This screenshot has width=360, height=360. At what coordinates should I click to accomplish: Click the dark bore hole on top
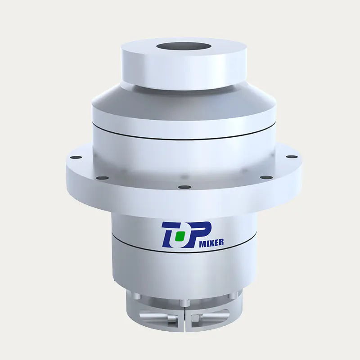click(x=184, y=47)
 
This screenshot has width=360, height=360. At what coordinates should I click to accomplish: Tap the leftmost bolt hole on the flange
click(x=76, y=157)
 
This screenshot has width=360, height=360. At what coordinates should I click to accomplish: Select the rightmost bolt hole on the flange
click(x=292, y=157)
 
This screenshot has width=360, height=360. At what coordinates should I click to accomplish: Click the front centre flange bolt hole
click(x=184, y=187)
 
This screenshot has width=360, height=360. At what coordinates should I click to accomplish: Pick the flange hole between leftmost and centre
click(x=103, y=178)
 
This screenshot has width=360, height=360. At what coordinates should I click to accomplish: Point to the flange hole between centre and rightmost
click(x=266, y=177)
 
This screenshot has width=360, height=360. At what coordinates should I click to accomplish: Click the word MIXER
click(x=211, y=243)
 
